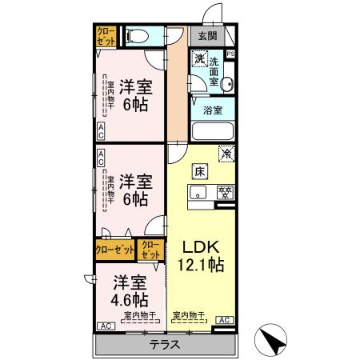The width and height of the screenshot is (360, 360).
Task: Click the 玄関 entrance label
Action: (x=207, y=35)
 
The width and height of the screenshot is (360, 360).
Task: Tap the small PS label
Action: (x=230, y=54)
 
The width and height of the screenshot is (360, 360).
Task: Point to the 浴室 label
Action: (x=212, y=110)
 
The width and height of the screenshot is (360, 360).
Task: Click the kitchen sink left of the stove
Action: (x=198, y=192)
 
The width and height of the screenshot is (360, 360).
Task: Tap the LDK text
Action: (x=196, y=246)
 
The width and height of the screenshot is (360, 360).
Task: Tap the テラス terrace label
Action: (x=165, y=345)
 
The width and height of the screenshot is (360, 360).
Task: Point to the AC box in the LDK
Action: (x=223, y=320)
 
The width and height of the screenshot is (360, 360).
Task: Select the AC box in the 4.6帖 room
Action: (x=104, y=326)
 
